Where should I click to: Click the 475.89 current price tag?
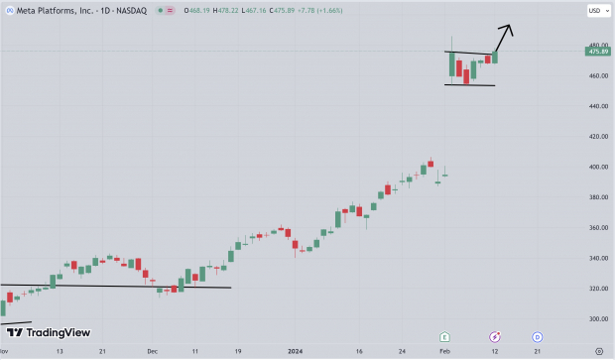click(597, 52)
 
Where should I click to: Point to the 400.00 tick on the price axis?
click(596, 167)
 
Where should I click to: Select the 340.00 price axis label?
click(596, 258)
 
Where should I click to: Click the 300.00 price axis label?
click(596, 319)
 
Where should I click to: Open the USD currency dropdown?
click(597, 11)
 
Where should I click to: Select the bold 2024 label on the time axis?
click(296, 351)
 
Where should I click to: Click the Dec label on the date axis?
click(153, 351)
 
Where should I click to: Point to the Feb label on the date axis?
click(445, 351)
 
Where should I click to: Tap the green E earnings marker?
click(445, 337)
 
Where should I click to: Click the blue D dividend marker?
click(537, 337)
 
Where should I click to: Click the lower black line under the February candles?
click(470, 84)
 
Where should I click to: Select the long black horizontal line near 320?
click(119, 287)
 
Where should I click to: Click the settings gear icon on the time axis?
click(597, 351)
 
